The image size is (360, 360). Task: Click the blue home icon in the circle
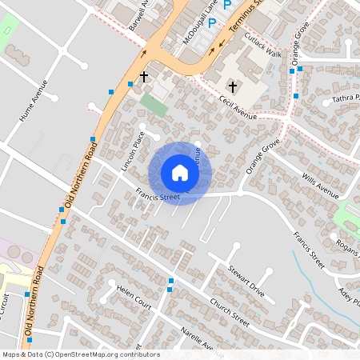coord(179,172)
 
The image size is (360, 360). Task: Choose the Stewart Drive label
coord(246,280)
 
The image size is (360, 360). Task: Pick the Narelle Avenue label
coord(202,339)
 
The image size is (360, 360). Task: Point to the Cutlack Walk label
coord(263,46)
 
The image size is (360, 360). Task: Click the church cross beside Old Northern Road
coord(144,77)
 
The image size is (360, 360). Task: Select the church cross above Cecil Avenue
coord(233,86)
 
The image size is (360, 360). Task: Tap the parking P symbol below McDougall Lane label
coord(212,23)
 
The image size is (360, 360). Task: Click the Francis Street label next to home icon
coord(158,194)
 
